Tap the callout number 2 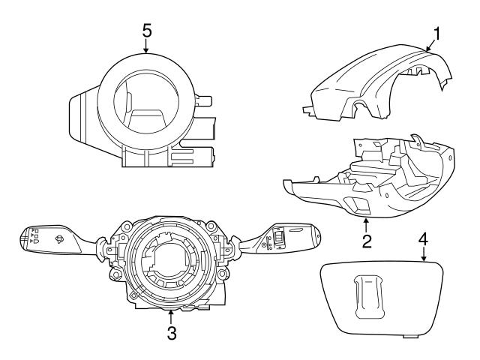point(366,241)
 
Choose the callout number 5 point(146,30)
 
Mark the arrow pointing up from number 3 point(172,316)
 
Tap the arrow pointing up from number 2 point(366,223)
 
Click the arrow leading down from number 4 point(423,256)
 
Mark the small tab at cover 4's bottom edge point(410,334)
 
